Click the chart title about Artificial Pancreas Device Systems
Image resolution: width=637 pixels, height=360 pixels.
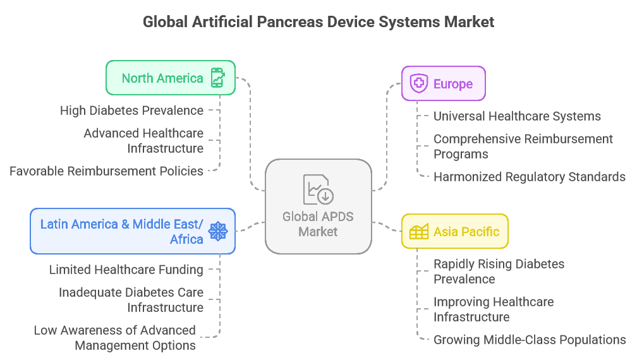(x=318, y=22)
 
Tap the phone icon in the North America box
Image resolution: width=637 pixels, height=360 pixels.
(x=217, y=78)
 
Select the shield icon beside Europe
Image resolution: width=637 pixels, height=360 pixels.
(x=418, y=83)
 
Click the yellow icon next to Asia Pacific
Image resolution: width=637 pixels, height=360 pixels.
(x=418, y=232)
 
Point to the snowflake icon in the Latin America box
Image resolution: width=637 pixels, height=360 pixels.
(x=217, y=231)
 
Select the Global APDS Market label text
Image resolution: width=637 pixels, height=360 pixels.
(x=318, y=224)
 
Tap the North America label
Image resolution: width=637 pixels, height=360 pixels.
(x=162, y=78)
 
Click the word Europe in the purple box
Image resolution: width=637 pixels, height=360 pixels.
(x=453, y=84)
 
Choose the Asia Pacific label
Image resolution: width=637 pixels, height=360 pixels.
(x=466, y=232)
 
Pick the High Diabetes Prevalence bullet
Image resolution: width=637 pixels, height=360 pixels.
(x=131, y=111)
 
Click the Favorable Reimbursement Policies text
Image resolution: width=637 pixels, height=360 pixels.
(x=106, y=171)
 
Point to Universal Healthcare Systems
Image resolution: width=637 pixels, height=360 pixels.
(x=517, y=116)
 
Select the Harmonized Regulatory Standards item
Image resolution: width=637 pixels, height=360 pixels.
(x=530, y=177)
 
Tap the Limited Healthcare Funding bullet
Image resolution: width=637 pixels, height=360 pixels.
(x=126, y=270)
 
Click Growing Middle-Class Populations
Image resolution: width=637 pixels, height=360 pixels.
(x=530, y=340)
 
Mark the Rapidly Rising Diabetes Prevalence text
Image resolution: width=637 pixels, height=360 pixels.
(x=499, y=272)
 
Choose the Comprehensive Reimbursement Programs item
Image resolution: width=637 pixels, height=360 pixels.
(x=523, y=147)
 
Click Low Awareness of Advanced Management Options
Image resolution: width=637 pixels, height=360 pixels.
(x=115, y=338)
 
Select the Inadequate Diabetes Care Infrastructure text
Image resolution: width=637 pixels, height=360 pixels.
(x=131, y=300)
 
